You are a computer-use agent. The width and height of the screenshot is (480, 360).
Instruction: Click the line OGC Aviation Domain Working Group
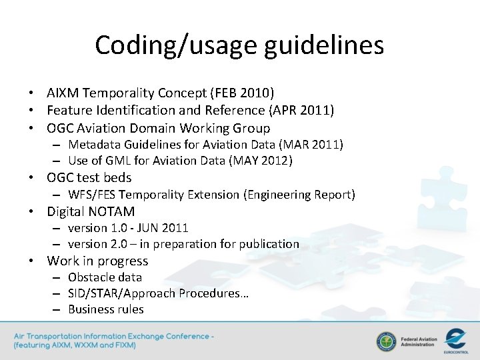[x=158, y=128]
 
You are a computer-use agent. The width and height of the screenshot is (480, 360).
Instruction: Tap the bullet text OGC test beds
[x=89, y=178]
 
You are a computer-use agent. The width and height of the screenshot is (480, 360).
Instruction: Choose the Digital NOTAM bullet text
[x=91, y=212]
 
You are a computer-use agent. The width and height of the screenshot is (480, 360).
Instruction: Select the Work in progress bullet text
[x=97, y=261]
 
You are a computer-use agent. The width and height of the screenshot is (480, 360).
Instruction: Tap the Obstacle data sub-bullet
[x=105, y=277]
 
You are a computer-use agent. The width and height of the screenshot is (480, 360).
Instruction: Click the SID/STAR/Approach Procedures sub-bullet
[x=158, y=293]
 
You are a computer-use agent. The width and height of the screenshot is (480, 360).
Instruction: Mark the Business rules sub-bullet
[x=105, y=309]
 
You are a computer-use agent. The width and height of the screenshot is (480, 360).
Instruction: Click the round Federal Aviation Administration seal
[x=386, y=341]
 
